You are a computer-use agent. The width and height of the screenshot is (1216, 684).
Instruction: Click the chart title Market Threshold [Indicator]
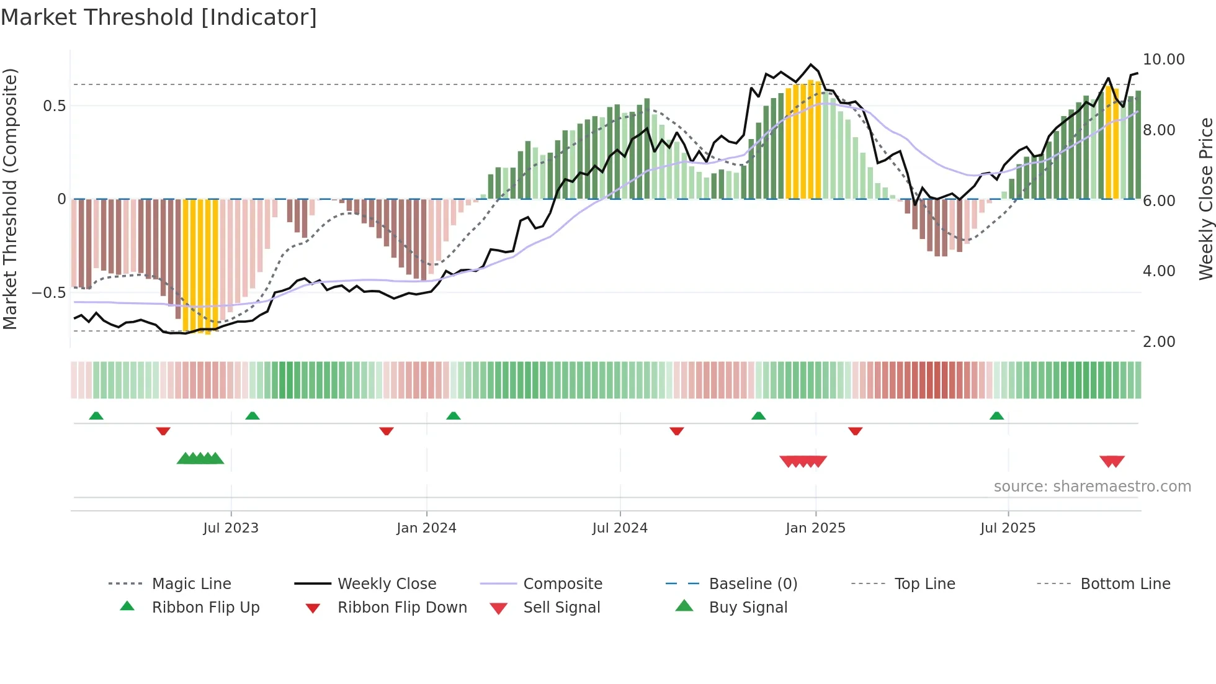tap(159, 17)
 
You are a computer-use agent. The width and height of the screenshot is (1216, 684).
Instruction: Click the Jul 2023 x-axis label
tap(231, 528)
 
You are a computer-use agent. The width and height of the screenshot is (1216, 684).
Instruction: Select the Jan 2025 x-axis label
tap(815, 528)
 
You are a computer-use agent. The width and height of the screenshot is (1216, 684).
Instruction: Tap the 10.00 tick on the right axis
tap(1163, 60)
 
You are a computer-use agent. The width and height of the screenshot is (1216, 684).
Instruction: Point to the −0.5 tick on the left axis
tap(48, 292)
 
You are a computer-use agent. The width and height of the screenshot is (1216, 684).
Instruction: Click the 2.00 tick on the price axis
tap(1158, 341)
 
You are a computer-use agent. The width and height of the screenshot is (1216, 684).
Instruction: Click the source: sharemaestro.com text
tap(1092, 486)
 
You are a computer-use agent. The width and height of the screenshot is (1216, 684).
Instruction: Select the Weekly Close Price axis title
tap(1205, 199)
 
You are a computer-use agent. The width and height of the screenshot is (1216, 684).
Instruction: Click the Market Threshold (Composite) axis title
tap(10, 199)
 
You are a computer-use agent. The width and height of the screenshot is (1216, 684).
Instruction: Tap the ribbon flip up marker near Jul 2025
tap(996, 416)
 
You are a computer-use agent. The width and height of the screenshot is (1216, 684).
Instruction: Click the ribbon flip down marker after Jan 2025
tap(855, 431)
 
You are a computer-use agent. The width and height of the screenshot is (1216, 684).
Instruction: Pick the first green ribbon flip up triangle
tap(96, 416)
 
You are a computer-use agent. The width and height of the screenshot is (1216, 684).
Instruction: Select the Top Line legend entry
tap(924, 583)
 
